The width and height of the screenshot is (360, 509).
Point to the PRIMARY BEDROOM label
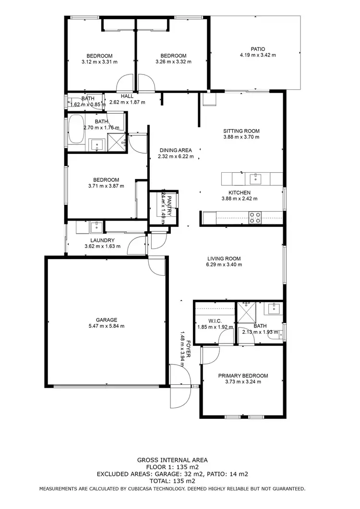tap(243, 376)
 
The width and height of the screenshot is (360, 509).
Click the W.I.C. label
tap(214, 320)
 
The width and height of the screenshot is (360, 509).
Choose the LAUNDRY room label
tap(102, 240)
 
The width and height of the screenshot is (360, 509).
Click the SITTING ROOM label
tap(241, 131)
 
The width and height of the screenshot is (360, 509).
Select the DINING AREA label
tap(176, 150)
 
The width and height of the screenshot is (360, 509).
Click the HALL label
tap(127, 96)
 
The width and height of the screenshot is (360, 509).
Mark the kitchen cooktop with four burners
tap(254, 217)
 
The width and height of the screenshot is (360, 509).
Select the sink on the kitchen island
tap(252, 179)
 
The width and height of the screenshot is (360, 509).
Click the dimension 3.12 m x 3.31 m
tap(99, 61)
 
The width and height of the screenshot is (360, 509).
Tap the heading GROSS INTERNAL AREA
tap(172, 460)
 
